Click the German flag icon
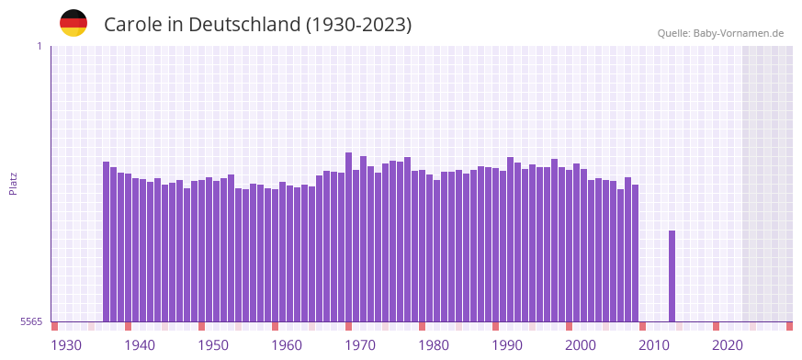tap(73, 24)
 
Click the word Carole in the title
tap(132, 25)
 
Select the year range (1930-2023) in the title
tap(358, 25)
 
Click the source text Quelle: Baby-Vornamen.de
tap(720, 33)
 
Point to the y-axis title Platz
tap(13, 183)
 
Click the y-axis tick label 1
tap(39, 46)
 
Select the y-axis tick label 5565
tap(31, 321)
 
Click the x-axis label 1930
tap(66, 345)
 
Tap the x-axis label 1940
tap(140, 345)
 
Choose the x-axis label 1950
tap(213, 345)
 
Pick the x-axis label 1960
tap(287, 345)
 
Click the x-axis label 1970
tap(360, 345)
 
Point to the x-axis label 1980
tap(434, 345)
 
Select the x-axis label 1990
tap(507, 345)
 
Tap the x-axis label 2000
tap(581, 345)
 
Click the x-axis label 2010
tap(654, 345)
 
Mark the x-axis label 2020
tap(728, 345)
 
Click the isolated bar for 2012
tap(672, 276)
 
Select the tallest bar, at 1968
tap(349, 237)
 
